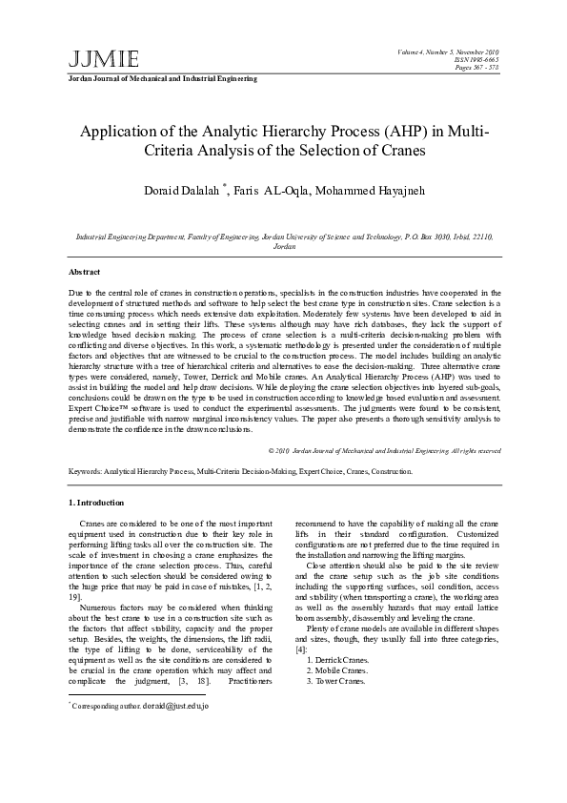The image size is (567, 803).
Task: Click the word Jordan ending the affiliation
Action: point(284,246)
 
